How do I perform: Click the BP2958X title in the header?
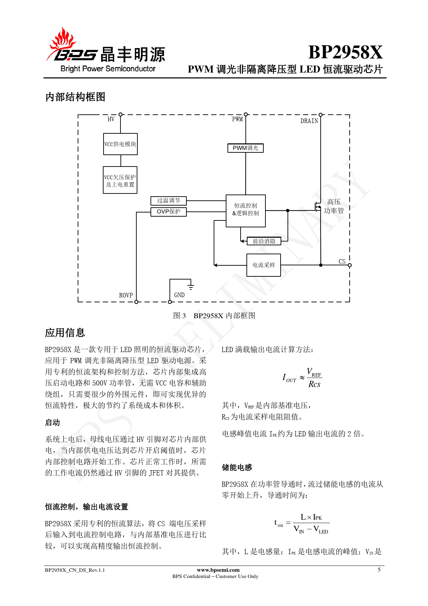click(x=345, y=53)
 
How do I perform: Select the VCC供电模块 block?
click(x=120, y=144)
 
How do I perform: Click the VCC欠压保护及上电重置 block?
click(x=120, y=180)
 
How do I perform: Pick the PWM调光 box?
click(x=245, y=148)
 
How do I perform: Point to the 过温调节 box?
click(x=168, y=201)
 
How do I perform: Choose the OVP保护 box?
click(x=168, y=212)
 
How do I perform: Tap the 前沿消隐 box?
click(x=264, y=241)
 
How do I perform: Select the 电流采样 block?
click(x=264, y=265)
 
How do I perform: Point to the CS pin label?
click(x=342, y=262)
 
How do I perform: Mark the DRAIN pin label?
click(x=309, y=121)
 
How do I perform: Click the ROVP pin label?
click(x=126, y=295)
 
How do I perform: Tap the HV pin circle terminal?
click(x=120, y=114)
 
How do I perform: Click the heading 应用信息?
click(x=65, y=333)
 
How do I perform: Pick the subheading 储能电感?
click(x=237, y=467)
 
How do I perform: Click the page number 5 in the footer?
click(x=379, y=570)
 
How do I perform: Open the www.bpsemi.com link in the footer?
click(x=218, y=570)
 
